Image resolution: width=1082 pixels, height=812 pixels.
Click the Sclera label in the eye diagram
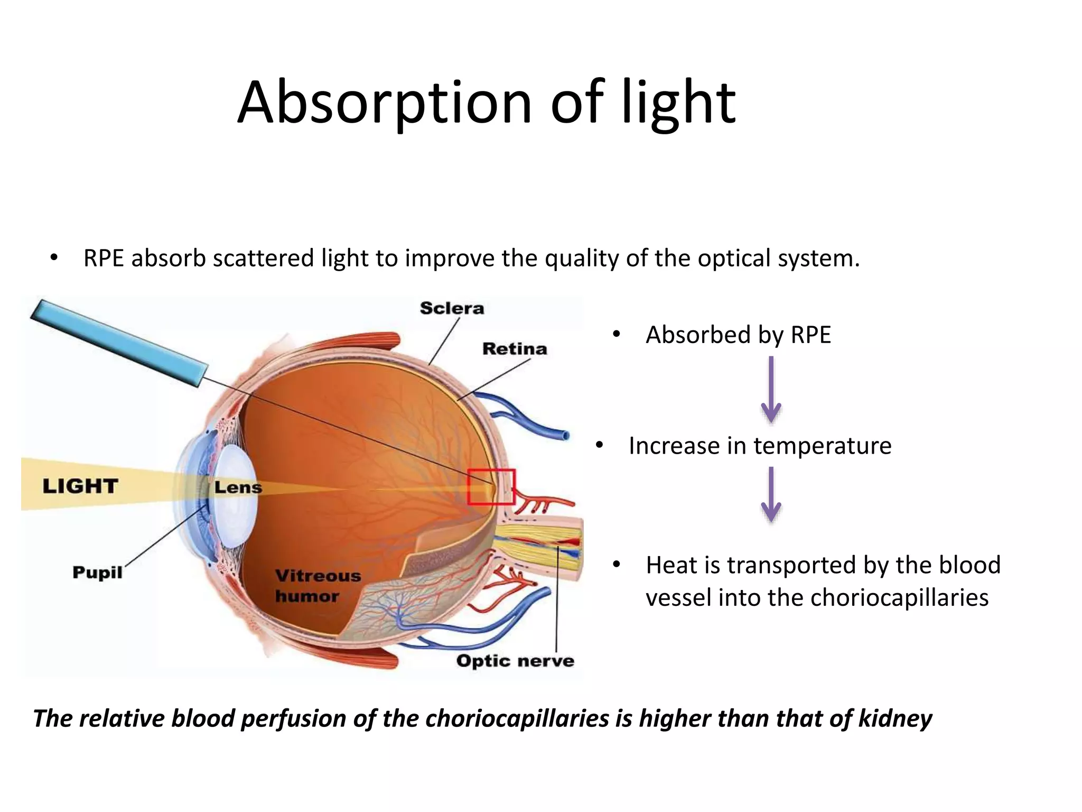click(x=452, y=308)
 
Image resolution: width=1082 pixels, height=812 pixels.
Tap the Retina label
click(x=515, y=349)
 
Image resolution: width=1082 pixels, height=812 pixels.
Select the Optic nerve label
click(x=515, y=661)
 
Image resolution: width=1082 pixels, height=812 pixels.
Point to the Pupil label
click(x=97, y=573)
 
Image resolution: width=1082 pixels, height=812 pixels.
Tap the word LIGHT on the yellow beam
click(x=80, y=486)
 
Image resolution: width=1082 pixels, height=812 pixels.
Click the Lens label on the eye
click(x=238, y=487)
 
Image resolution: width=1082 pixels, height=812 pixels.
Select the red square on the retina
click(x=491, y=486)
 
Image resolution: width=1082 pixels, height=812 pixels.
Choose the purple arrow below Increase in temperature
click(x=771, y=495)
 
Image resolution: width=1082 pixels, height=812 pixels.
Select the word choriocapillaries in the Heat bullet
click(x=899, y=598)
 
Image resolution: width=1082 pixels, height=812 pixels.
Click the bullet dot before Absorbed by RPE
click(x=616, y=335)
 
